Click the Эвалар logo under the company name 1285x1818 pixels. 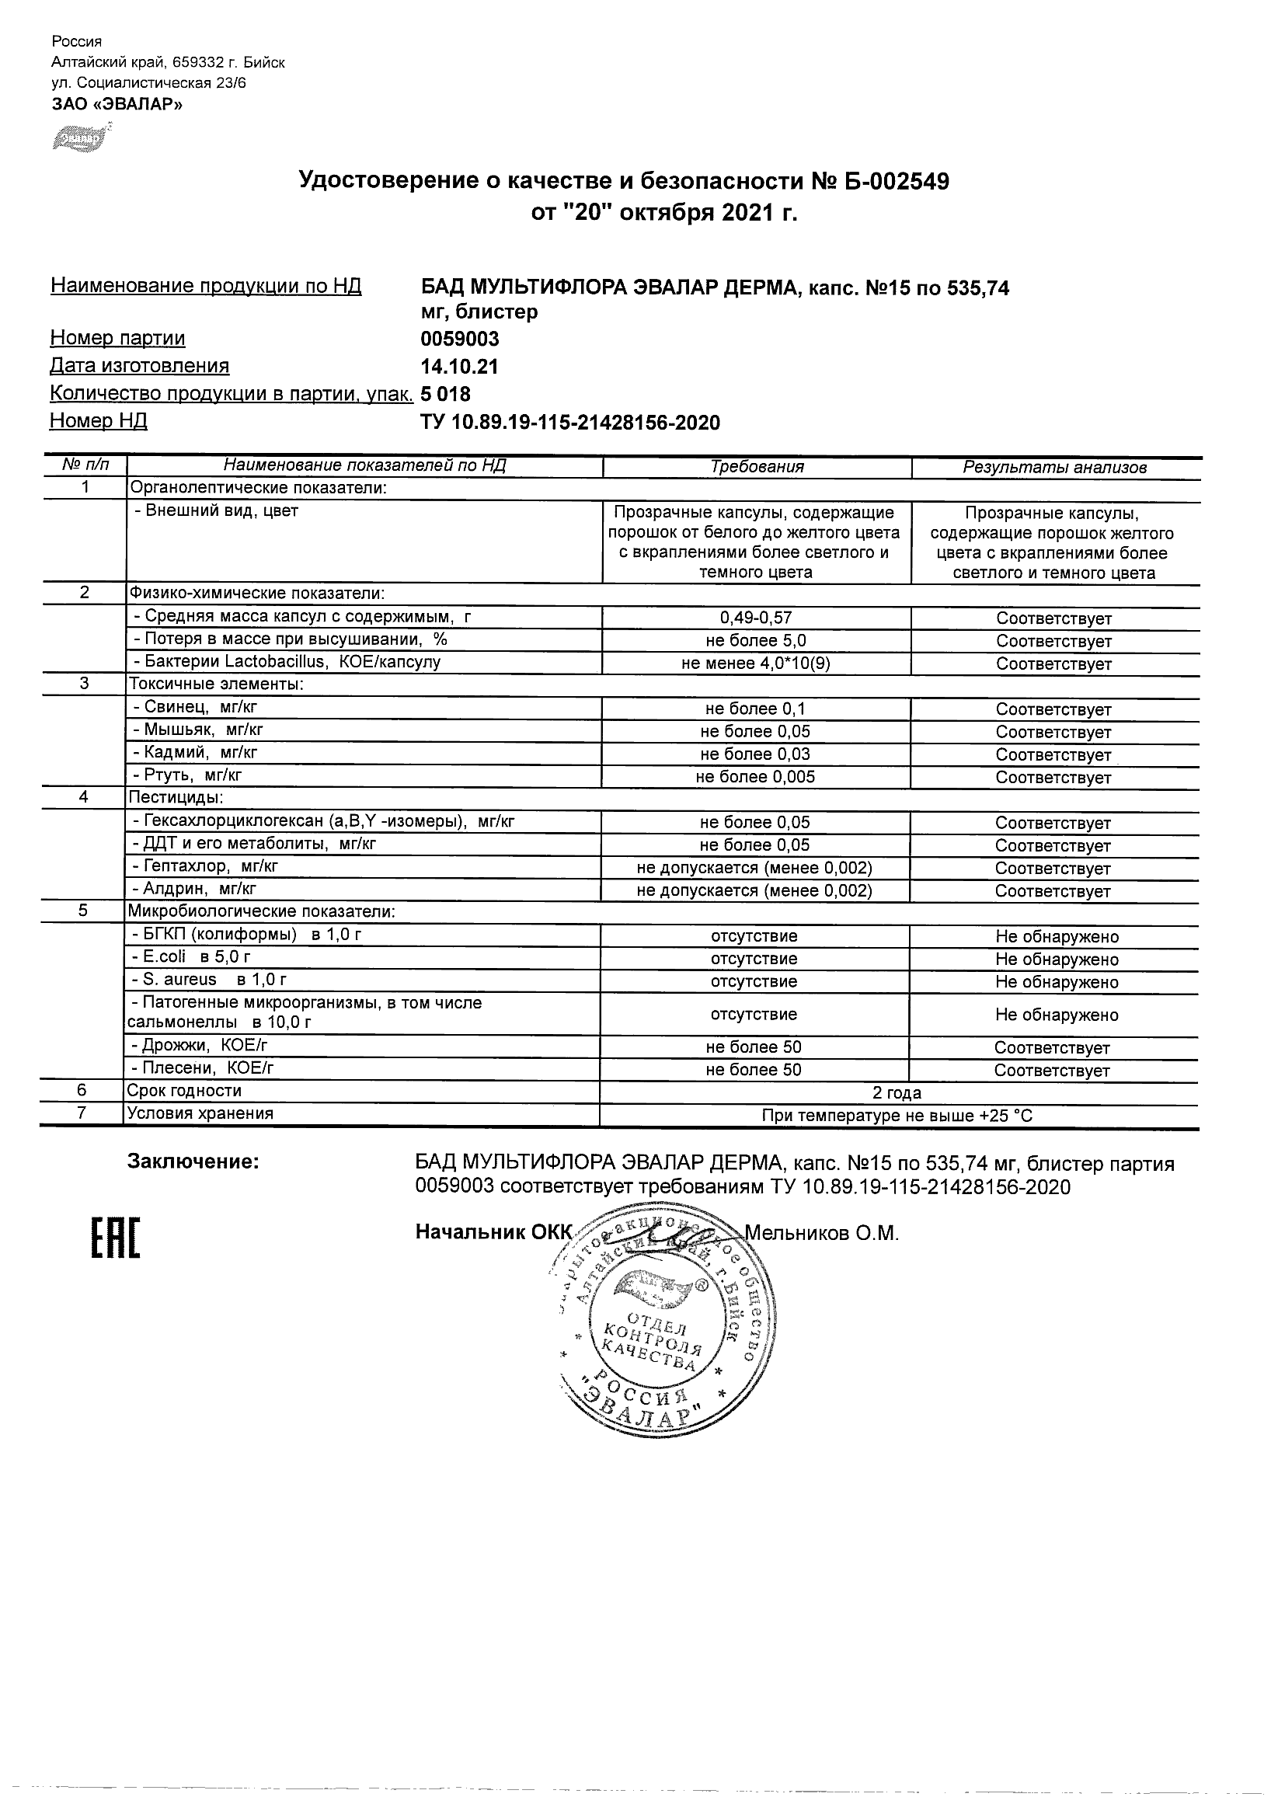pyautogui.click(x=80, y=138)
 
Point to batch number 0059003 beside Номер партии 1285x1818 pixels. pyautogui.click(x=459, y=339)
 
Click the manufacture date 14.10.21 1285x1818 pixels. pyautogui.click(x=459, y=367)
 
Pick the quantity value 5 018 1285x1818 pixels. pyautogui.click(x=445, y=394)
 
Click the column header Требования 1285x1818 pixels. pyautogui.click(x=757, y=467)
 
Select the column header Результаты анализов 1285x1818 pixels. pyautogui.click(x=1054, y=468)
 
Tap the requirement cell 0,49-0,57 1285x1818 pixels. pyautogui.click(x=756, y=618)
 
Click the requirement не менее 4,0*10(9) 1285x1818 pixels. pyautogui.click(x=756, y=663)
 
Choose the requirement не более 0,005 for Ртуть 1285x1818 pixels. pyautogui.click(x=755, y=777)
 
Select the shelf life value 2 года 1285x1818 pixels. pyautogui.click(x=897, y=1093)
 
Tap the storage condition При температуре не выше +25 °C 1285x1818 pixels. pyautogui.click(x=897, y=1116)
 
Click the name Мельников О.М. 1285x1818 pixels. pyautogui.click(x=821, y=1233)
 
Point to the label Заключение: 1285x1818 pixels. pyautogui.click(x=193, y=1162)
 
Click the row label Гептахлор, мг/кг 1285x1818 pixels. pyautogui.click(x=205, y=866)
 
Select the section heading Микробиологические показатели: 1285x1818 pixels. pyautogui.click(x=261, y=911)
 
